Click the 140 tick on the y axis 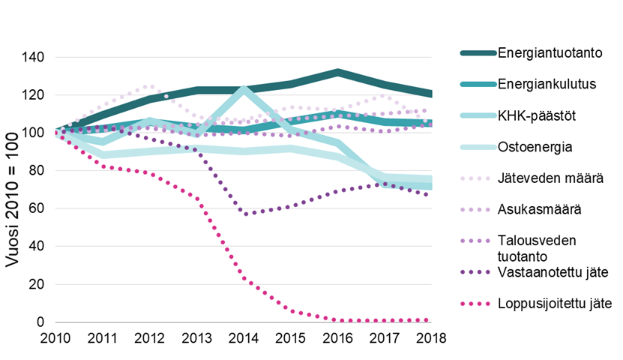coord(34,58)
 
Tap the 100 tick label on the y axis coord(34,133)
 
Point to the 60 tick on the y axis coord(37,208)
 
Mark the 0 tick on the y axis coord(41,322)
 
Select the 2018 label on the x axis coord(431,337)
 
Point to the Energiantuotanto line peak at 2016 coord(338,72)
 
